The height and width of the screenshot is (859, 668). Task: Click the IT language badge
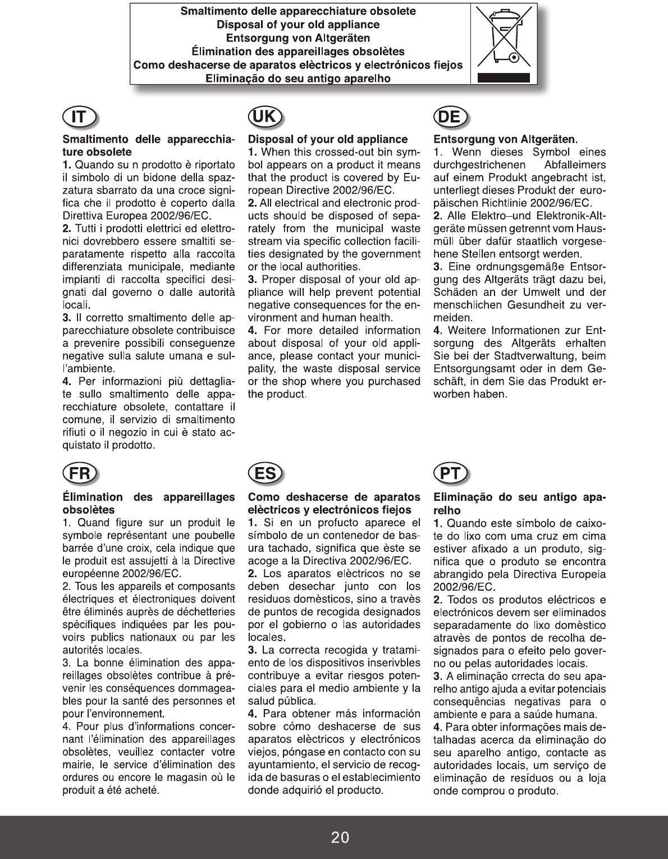click(79, 117)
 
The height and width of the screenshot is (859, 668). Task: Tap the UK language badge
click(264, 117)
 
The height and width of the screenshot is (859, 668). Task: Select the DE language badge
click(451, 117)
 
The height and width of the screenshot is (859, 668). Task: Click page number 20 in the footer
click(340, 838)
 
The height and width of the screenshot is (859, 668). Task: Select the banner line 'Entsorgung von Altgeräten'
click(298, 38)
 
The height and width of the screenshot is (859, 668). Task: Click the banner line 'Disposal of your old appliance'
click(298, 25)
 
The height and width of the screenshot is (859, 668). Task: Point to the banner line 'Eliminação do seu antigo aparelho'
click(298, 79)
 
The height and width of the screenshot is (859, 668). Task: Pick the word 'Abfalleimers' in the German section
click(575, 165)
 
